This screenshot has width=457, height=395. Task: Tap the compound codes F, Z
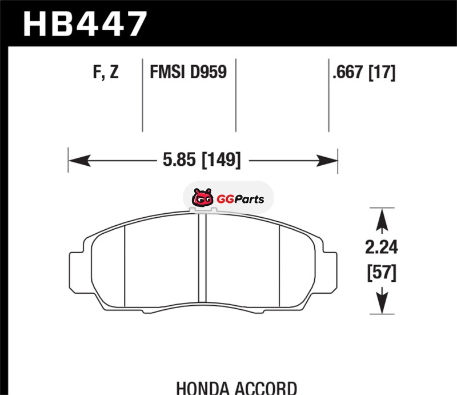(106, 72)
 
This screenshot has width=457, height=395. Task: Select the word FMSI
(167, 72)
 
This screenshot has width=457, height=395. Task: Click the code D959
(208, 72)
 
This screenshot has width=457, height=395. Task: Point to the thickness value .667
(348, 72)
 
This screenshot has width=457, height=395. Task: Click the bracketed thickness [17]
(382, 73)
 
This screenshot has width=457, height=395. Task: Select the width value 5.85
(179, 160)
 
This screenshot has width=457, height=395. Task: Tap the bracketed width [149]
(222, 160)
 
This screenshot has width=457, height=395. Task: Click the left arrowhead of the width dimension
(79, 161)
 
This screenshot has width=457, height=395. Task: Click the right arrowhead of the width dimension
(327, 161)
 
